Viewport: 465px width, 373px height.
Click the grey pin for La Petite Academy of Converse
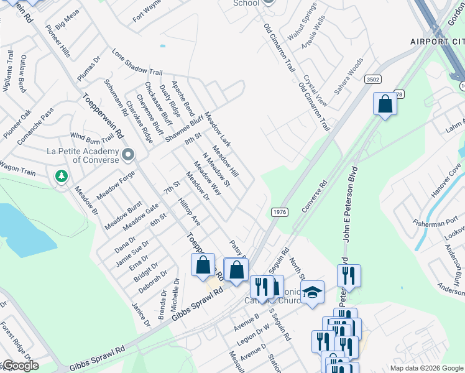coord(128,154)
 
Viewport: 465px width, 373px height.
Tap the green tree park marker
coord(62,177)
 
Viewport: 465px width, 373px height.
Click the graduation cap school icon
coord(312,293)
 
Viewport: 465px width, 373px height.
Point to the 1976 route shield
coord(279,212)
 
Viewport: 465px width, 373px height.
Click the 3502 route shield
coord(373,80)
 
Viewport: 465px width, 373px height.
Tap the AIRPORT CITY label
coord(437,42)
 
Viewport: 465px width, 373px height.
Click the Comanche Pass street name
coord(35,127)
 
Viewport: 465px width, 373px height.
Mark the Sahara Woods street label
coord(348,76)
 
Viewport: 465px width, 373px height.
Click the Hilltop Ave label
coord(189,212)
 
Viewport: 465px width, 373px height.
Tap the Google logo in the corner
coord(20,366)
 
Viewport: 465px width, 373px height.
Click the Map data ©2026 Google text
coord(426,368)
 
